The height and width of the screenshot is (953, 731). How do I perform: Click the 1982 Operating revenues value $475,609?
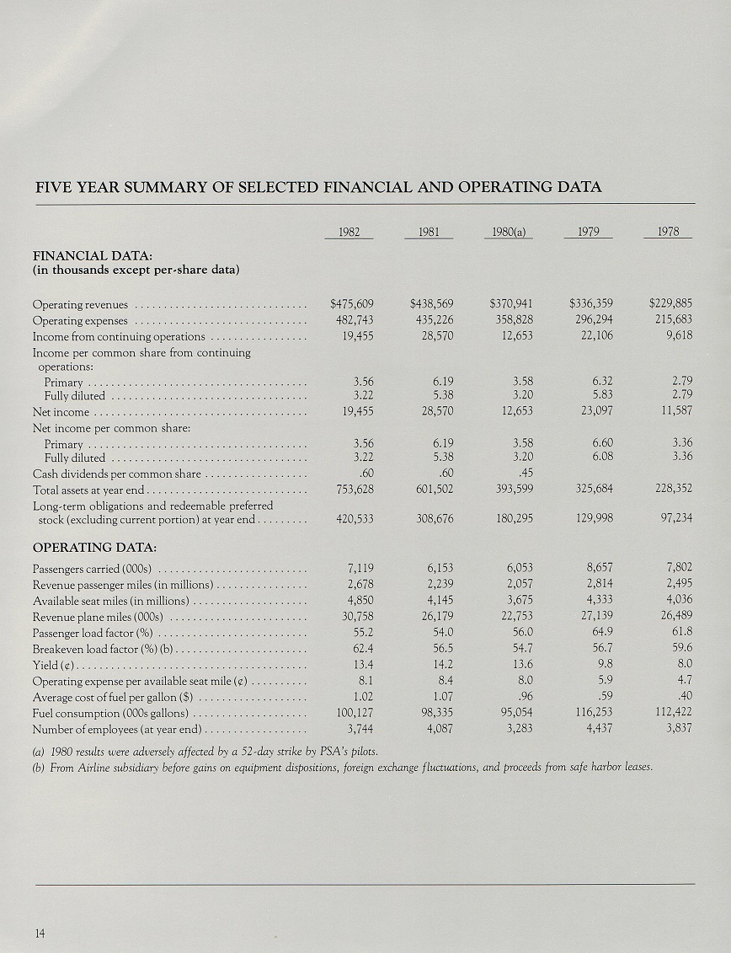[351, 304]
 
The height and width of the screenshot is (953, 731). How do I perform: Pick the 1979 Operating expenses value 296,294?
[591, 320]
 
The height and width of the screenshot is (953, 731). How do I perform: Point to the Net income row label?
[61, 412]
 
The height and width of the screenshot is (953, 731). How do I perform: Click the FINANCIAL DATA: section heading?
[86, 255]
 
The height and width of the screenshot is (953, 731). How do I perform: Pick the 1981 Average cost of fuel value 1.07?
[441, 697]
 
